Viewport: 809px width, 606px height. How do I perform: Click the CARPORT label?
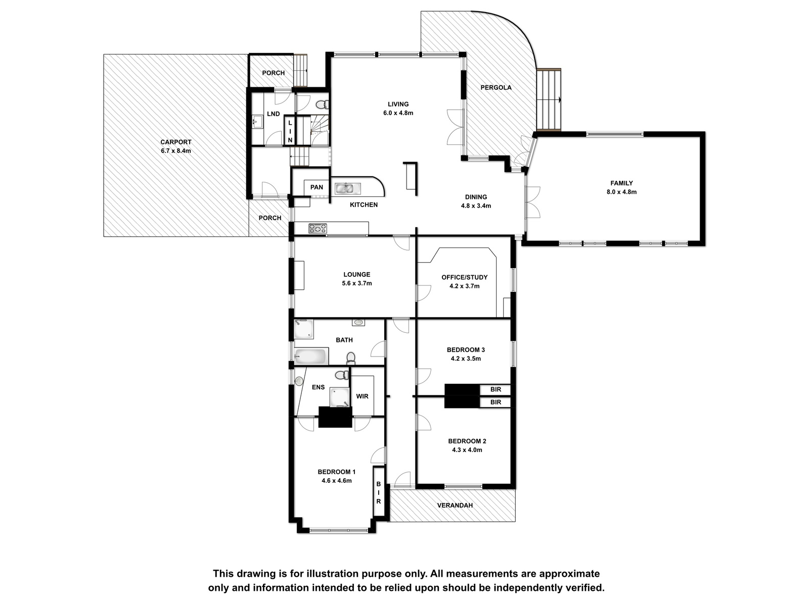[x=176, y=142]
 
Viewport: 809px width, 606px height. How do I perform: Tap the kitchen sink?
[x=347, y=189]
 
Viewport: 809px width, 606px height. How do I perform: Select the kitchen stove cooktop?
[x=318, y=228]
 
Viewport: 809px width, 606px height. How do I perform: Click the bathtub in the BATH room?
[x=310, y=356]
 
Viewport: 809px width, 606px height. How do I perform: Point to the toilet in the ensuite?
[x=342, y=375]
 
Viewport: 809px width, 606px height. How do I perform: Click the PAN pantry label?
[x=317, y=187]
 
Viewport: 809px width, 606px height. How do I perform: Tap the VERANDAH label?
[x=455, y=506]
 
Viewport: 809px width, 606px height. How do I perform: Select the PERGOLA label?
[x=496, y=87]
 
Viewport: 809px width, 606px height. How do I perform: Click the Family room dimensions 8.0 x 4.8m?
[x=622, y=192]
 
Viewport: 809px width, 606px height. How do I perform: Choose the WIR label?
[x=363, y=396]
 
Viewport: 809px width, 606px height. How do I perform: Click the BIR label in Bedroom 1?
[x=379, y=492]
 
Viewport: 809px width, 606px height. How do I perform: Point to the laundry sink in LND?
[x=258, y=121]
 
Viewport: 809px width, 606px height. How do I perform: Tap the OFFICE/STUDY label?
[x=464, y=277]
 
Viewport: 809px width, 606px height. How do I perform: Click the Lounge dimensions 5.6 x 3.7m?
[x=357, y=283]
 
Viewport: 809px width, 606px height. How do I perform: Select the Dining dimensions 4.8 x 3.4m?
[x=476, y=206]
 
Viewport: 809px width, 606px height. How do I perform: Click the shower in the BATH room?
[x=304, y=329]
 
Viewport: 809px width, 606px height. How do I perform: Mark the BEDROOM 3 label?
[x=466, y=350]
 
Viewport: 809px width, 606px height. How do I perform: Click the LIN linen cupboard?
[x=290, y=131]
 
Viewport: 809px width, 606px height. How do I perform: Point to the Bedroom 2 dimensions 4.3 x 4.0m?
[x=467, y=450]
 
